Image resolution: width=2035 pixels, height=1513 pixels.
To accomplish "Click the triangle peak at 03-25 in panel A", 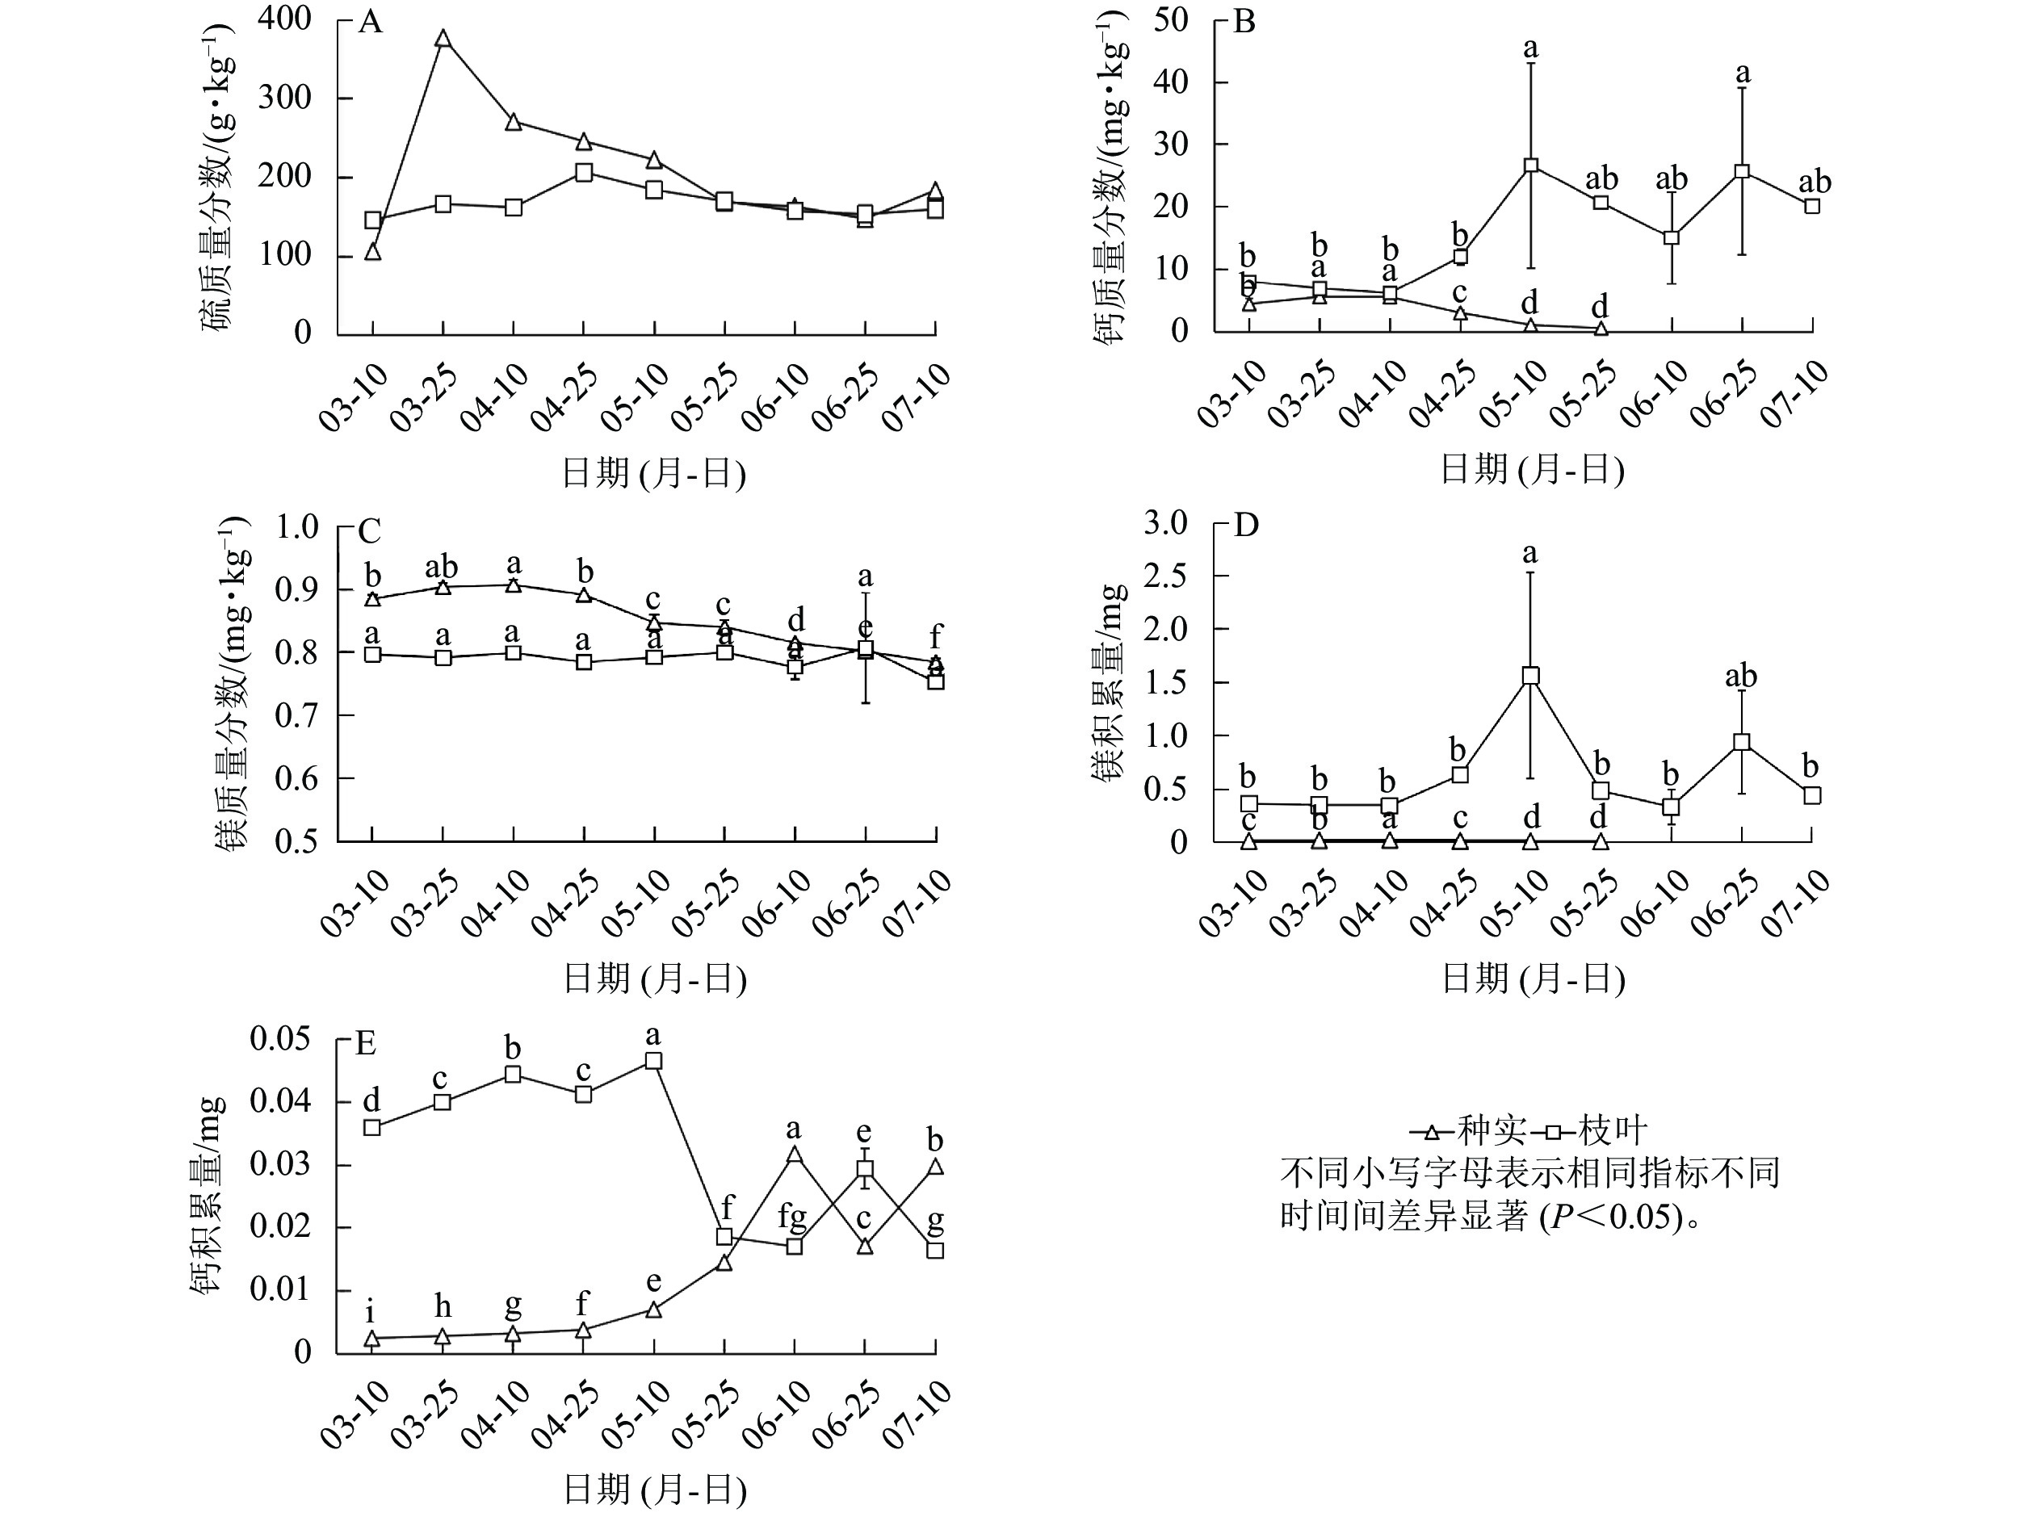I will coord(443,39).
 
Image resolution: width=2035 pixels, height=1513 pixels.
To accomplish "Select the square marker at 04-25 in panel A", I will coord(583,172).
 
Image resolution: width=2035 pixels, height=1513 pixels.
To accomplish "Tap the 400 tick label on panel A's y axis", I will coord(284,19).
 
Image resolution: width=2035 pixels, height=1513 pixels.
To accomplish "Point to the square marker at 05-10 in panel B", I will coord(1530,166).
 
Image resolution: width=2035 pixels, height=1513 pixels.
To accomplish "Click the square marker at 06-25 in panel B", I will coord(1742,171).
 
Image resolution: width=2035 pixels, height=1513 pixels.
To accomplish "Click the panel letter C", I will coord(369,531).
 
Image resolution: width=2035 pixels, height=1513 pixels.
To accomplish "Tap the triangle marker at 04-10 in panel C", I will coord(514,585).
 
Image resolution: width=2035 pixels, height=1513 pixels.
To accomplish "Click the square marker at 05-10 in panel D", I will coord(1530,676).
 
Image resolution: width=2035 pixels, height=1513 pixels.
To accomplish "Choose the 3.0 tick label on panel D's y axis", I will coord(1165,523).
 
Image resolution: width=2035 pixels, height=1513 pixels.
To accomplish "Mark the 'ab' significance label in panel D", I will coord(1741,677).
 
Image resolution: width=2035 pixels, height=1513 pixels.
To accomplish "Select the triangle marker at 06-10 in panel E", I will coord(795,1155).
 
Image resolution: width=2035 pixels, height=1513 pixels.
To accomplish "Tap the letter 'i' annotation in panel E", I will coord(370,1313).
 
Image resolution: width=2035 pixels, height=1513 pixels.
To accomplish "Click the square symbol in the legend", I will coord(1553,1132).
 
